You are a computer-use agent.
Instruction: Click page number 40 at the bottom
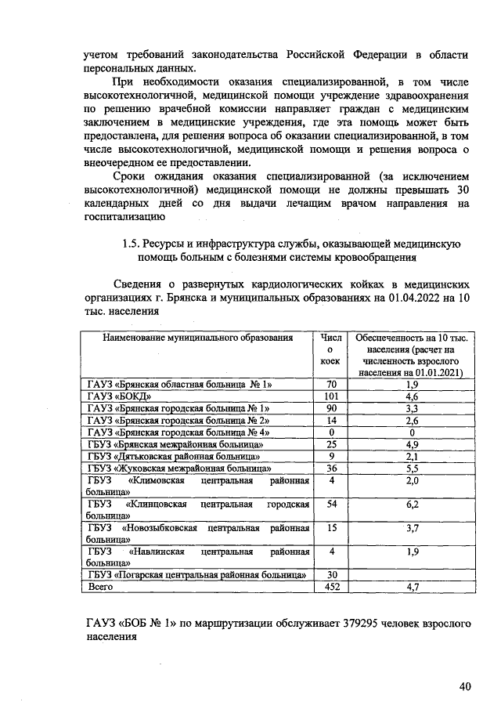click(465, 687)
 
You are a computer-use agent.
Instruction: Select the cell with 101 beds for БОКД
click(331, 396)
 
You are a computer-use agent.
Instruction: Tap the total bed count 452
click(331, 586)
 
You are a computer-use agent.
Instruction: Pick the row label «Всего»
click(100, 586)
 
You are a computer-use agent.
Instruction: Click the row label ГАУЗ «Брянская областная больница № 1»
click(178, 385)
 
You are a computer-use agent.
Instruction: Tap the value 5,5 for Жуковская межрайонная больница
click(410, 468)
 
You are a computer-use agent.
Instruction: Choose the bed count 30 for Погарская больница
click(331, 574)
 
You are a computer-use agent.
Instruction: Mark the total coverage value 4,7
click(410, 586)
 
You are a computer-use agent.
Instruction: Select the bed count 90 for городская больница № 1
click(331, 408)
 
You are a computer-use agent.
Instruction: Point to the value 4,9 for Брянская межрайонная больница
click(410, 444)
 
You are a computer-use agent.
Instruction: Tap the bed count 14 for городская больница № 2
click(331, 420)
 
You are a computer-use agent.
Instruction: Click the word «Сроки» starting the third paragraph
click(132, 177)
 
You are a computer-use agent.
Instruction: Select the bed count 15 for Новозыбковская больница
click(331, 528)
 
